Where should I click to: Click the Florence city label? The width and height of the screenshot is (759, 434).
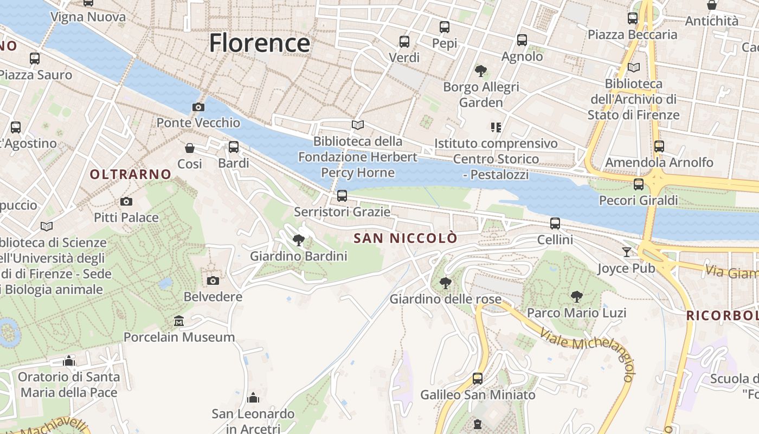[x=260, y=43]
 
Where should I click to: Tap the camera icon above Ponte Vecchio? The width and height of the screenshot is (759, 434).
[x=198, y=107]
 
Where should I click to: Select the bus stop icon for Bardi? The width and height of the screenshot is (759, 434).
[x=234, y=146]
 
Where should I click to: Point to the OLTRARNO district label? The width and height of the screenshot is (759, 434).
[x=131, y=174]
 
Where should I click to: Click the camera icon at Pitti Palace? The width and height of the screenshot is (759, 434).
[x=126, y=202]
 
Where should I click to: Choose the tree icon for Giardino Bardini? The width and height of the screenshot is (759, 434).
[x=298, y=240]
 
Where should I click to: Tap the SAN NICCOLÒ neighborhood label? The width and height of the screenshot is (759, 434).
[x=406, y=238]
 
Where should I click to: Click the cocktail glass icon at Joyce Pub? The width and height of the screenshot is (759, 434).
[x=627, y=252]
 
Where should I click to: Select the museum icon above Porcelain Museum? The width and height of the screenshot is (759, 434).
[x=179, y=321]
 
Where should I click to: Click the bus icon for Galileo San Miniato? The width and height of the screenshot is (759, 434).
[x=478, y=378]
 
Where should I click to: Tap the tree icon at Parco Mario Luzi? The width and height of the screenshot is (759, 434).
[x=577, y=297]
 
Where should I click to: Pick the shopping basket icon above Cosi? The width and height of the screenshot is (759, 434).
[x=190, y=148]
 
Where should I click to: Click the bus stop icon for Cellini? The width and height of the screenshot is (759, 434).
[x=555, y=223]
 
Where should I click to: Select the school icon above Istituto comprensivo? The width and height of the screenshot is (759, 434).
[x=496, y=127]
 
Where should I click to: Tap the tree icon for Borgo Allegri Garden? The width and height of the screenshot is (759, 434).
[x=480, y=71]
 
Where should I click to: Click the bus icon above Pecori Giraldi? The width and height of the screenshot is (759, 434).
[x=639, y=184]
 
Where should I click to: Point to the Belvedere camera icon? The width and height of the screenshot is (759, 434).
[x=213, y=280]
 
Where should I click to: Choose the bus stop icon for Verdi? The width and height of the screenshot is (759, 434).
[x=404, y=41]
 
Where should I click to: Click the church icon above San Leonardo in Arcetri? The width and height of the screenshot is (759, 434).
[x=253, y=398]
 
